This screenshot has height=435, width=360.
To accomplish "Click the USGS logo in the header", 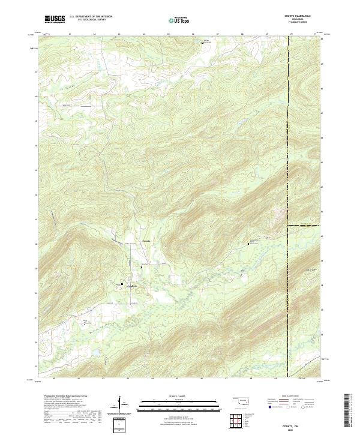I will (55, 19).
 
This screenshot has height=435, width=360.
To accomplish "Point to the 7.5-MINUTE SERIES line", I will (302, 23).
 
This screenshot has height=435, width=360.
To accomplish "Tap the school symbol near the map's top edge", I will (202, 43).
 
